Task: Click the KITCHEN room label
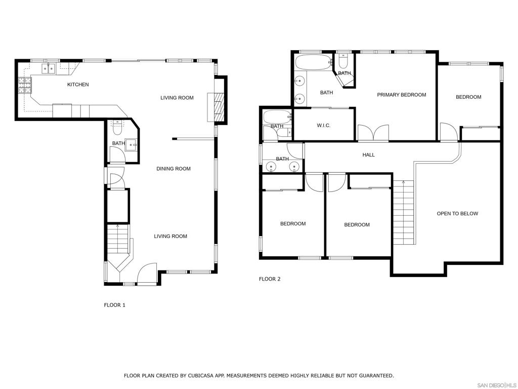(78, 85)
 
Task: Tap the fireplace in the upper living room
(219, 107)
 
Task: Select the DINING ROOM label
(174, 169)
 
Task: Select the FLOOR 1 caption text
(114, 305)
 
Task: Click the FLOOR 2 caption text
(270, 279)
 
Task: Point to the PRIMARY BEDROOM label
(402, 95)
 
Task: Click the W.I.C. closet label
(323, 125)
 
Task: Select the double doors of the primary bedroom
(373, 133)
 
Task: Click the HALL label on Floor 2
(369, 154)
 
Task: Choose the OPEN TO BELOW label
(457, 214)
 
